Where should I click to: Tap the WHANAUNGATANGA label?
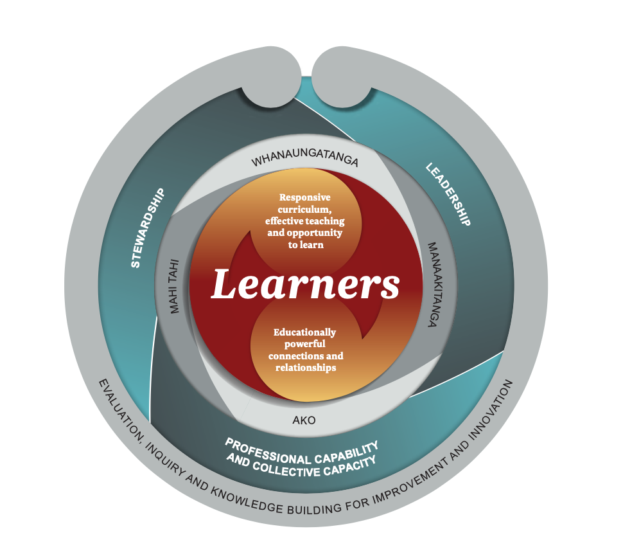(304, 161)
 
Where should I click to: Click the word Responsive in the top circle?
(305, 198)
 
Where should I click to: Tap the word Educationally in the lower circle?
(304, 332)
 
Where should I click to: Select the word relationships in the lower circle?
(306, 368)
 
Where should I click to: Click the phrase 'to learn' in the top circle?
(305, 245)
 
